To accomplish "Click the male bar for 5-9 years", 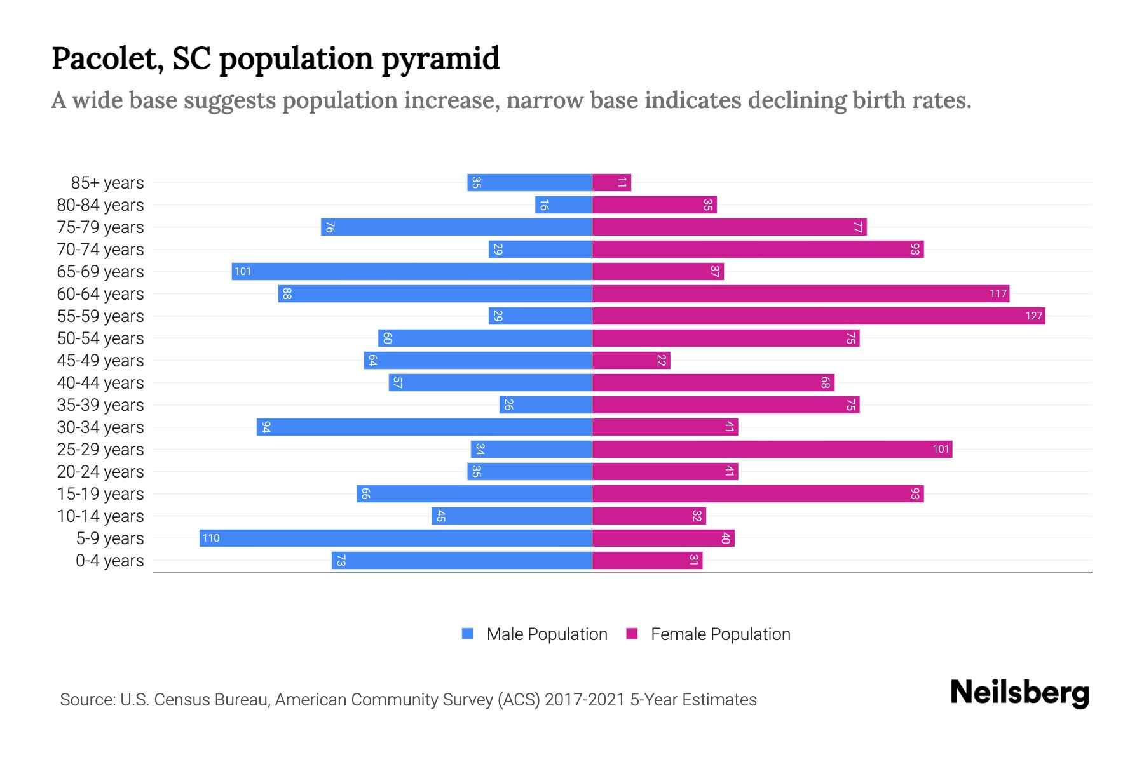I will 395,538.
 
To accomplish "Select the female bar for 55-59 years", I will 819,316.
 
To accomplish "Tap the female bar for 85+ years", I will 611,183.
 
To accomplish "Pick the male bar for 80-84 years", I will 563,205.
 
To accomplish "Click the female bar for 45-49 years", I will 631,361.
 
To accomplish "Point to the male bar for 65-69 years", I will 412,272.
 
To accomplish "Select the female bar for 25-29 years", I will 772,450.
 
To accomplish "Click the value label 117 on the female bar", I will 998,294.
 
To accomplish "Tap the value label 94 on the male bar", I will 266,427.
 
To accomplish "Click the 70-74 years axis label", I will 100,250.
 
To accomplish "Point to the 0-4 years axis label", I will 109,561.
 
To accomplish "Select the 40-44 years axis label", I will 100,383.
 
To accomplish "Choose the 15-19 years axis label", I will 100,494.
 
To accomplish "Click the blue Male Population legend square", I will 468,634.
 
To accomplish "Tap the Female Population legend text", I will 720,634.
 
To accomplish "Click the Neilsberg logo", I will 1019,693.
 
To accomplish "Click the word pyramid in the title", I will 440,59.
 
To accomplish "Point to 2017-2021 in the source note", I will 585,700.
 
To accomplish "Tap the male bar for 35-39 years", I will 545,405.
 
